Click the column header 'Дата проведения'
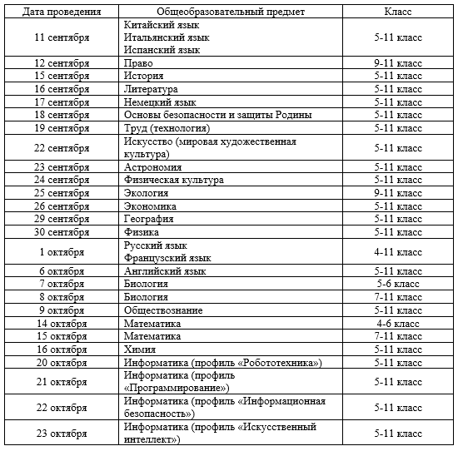[x=62, y=12]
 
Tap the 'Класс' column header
[x=397, y=12]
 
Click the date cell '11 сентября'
[x=62, y=37]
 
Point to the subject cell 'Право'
[x=138, y=63]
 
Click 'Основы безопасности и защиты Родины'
[x=217, y=115]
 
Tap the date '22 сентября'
[x=62, y=147]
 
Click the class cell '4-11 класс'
[x=397, y=252]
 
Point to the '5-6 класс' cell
[x=397, y=284]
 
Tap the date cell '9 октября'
[x=62, y=310]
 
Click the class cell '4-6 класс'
[x=397, y=323]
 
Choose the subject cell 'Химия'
[x=140, y=349]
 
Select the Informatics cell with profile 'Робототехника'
[x=222, y=363]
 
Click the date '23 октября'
[x=62, y=434]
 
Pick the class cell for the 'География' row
[x=397, y=219]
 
